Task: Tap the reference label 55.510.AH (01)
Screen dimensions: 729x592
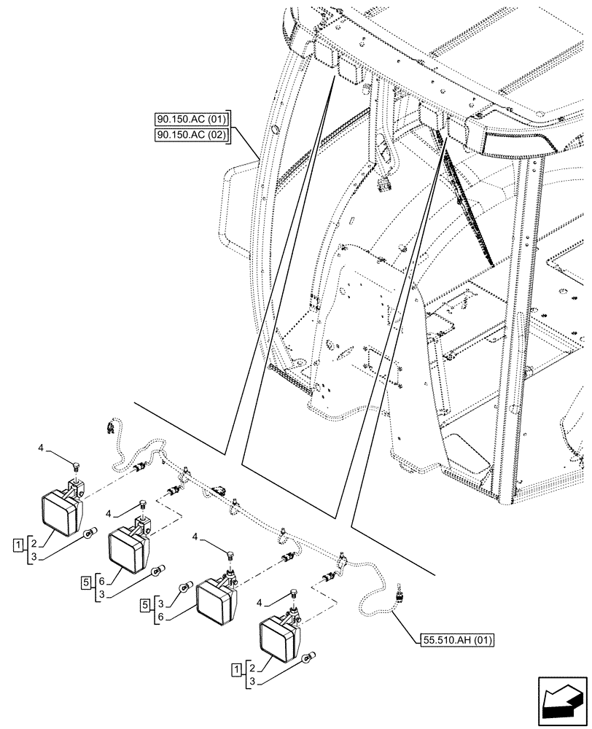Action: (458, 641)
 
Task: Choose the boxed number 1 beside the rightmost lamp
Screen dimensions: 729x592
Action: (238, 668)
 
